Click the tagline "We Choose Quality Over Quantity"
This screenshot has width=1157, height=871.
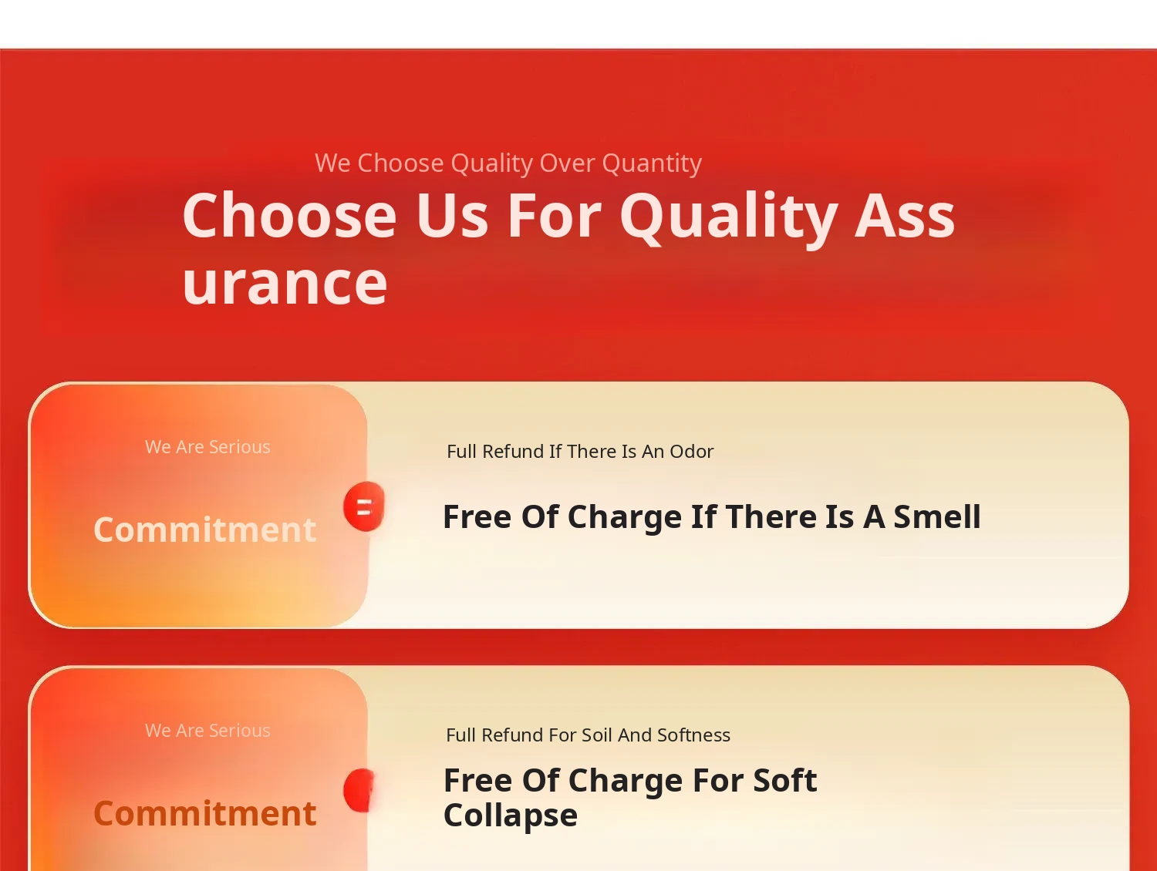[x=508, y=163]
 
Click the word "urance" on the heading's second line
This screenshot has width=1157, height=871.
[x=285, y=285]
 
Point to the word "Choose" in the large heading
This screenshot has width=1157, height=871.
[x=289, y=215]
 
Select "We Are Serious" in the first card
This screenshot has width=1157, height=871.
[x=207, y=447]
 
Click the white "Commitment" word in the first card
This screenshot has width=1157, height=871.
[x=204, y=530]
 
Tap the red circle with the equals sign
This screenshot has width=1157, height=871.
[x=364, y=506]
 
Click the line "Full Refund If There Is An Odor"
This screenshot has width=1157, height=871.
[x=580, y=451]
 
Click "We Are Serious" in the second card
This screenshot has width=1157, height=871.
[x=207, y=731]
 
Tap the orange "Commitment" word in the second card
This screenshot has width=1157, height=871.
[x=204, y=813]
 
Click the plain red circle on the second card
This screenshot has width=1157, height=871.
[x=359, y=790]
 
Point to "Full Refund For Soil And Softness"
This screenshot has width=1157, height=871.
[x=588, y=735]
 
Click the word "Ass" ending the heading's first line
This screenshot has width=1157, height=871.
[x=905, y=215]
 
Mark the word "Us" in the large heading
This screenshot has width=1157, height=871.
[x=452, y=215]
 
